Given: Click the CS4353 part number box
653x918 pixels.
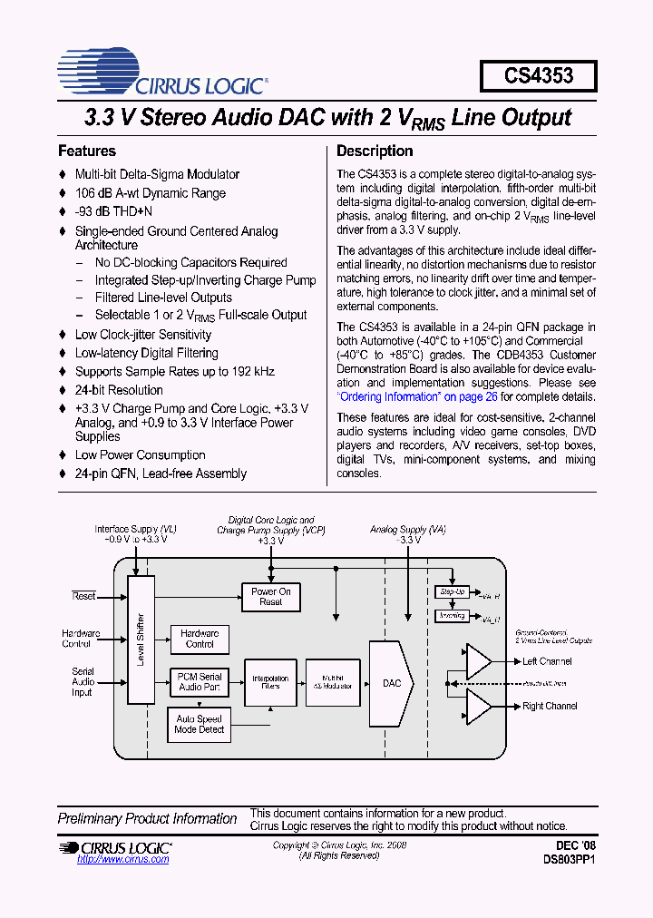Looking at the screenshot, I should click(x=538, y=76).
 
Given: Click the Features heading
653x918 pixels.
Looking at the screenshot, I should click(x=87, y=151).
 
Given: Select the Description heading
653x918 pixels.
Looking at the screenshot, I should click(x=375, y=151).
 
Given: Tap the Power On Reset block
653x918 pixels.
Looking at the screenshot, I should click(x=270, y=597).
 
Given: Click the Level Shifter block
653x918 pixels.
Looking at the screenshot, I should click(x=141, y=640).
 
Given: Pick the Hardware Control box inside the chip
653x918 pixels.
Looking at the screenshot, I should click(x=200, y=639).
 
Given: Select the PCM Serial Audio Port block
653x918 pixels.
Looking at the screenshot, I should click(x=200, y=682).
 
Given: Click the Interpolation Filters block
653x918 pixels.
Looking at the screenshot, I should click(x=270, y=682).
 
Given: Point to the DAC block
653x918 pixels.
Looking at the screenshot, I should click(x=391, y=683).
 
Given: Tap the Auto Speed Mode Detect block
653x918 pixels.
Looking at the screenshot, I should click(x=200, y=724).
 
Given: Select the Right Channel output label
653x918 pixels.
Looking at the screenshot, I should click(x=550, y=706).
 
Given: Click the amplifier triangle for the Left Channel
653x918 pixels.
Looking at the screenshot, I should click(x=477, y=661).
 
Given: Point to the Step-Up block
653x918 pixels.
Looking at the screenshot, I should click(x=452, y=591).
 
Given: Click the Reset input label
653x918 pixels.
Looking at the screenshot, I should click(x=83, y=596).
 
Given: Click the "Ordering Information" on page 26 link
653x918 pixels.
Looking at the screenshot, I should click(x=418, y=396).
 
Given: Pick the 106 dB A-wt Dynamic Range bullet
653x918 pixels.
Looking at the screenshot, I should click(x=150, y=193).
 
